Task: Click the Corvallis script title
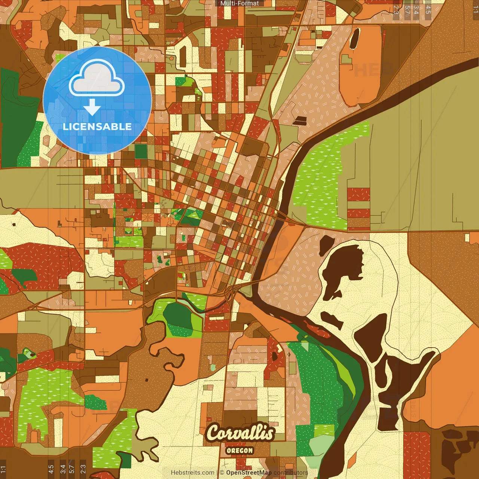click(x=240, y=433)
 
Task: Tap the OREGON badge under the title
click(x=239, y=451)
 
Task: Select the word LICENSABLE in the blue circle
click(x=97, y=126)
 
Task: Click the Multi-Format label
click(x=239, y=3)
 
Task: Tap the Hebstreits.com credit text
click(x=192, y=473)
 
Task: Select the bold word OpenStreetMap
click(x=248, y=473)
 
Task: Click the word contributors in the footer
click(x=291, y=473)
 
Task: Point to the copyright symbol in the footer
click(x=222, y=473)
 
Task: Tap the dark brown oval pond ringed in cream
click(x=354, y=39)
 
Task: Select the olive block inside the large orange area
click(x=347, y=59)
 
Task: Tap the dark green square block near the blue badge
click(x=141, y=151)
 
